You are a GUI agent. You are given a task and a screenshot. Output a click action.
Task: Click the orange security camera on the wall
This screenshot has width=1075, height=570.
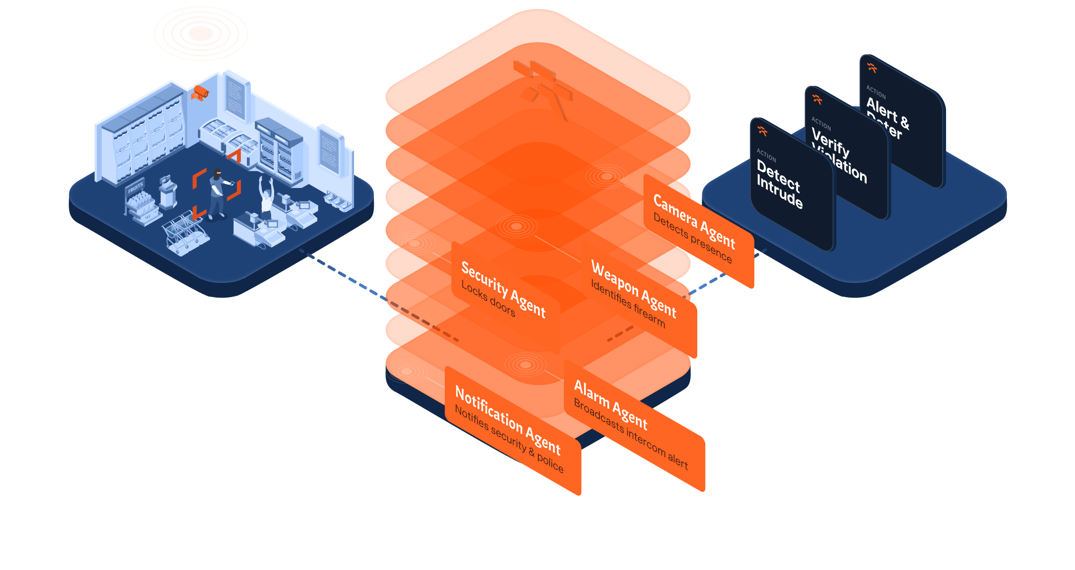(x=200, y=92)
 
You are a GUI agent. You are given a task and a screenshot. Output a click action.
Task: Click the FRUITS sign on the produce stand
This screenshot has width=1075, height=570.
(x=135, y=188)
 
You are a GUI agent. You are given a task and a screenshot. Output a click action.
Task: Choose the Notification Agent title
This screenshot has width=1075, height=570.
(x=507, y=420)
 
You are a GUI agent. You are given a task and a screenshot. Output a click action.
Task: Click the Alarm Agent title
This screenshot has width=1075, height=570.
(x=610, y=405)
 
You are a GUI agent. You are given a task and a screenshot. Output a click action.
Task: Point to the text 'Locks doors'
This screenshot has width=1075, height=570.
(x=488, y=299)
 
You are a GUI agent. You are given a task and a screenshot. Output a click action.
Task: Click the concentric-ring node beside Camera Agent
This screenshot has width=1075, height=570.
(x=606, y=176)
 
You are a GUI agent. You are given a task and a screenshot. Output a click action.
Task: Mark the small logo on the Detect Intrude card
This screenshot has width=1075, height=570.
(x=762, y=131)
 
